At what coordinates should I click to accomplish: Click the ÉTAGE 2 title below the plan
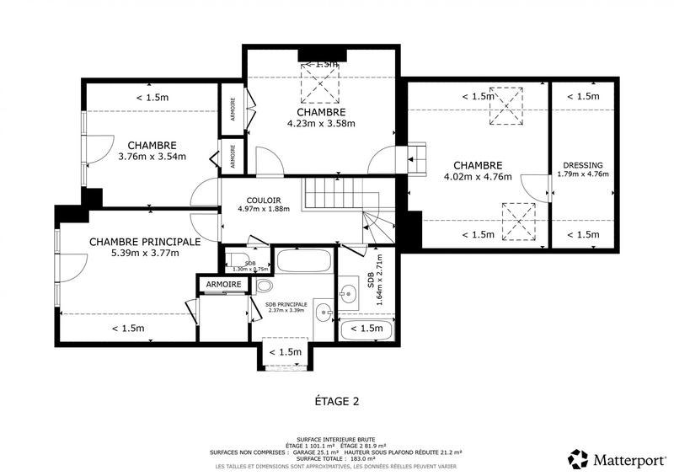[x=330, y=401]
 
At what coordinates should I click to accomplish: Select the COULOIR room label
[x=264, y=200]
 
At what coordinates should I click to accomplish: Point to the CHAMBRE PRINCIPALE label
[x=144, y=241]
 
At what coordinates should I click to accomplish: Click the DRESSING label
[x=583, y=165]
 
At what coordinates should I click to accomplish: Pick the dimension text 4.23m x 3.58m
[x=320, y=123]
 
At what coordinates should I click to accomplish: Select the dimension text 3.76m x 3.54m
[x=152, y=156]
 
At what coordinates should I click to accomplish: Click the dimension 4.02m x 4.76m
[x=478, y=177]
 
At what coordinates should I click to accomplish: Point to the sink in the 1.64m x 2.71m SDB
[x=348, y=294]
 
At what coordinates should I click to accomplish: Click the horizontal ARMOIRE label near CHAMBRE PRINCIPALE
[x=223, y=285]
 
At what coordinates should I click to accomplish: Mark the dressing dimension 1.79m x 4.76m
[x=583, y=174]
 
